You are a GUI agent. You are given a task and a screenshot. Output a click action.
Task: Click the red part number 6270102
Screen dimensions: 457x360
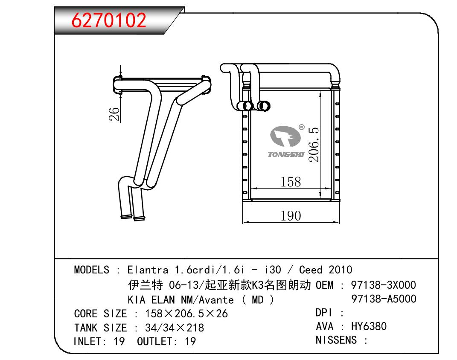coord(109,20)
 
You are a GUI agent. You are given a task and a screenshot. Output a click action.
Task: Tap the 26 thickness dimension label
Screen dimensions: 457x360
coord(114,114)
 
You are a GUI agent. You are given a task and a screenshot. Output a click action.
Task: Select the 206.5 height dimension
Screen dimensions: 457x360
coord(314,145)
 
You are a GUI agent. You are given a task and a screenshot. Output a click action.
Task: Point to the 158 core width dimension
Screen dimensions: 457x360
coord(291,182)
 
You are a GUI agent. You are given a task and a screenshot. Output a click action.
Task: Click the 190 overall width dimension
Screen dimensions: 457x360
coord(291,216)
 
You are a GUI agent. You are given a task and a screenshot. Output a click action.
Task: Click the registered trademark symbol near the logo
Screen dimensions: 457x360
coord(302,127)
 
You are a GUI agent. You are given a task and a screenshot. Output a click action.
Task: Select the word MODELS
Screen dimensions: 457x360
coord(91,270)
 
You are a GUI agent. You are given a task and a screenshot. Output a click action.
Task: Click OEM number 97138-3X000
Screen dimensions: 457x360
coord(383,285)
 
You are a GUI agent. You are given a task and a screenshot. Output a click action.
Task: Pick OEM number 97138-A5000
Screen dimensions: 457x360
coord(384,299)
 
